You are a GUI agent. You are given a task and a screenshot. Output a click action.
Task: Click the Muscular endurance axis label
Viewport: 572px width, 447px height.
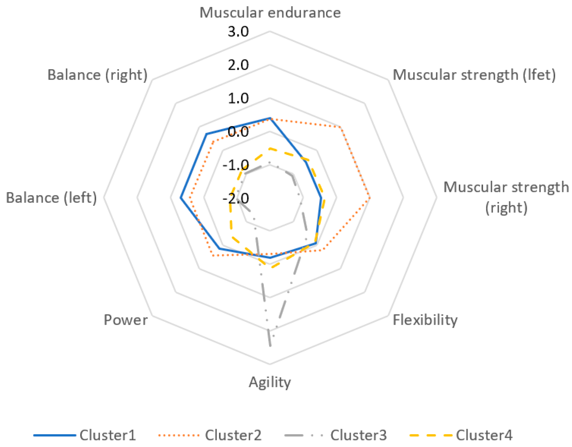coord(270,13)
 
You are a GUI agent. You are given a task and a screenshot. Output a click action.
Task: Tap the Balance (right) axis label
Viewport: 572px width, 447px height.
coord(97,75)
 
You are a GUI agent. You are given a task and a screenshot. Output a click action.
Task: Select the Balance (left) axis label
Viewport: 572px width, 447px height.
coord(51,198)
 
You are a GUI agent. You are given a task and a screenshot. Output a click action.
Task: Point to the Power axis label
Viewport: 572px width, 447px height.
coord(126,320)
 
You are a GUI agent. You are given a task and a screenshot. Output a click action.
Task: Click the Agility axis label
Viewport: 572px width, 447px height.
coord(270,383)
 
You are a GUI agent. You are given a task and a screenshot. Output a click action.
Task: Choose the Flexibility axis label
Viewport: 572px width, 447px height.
coord(425,320)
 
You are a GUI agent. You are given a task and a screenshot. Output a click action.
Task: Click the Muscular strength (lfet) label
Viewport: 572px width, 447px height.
coord(474,75)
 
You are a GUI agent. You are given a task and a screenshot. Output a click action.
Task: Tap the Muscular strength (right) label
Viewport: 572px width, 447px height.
coord(506,197)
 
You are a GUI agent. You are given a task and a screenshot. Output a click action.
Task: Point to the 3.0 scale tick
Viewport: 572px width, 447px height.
coord(238,32)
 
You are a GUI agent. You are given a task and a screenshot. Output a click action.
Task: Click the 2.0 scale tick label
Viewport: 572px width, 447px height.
coord(238,65)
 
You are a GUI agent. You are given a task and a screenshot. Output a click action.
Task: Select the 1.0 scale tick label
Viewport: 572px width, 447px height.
coord(238,99)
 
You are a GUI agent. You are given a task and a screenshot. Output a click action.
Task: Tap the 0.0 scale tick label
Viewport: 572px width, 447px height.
coord(238,131)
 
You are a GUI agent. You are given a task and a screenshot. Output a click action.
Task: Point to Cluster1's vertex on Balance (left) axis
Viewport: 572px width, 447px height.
coord(180,198)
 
